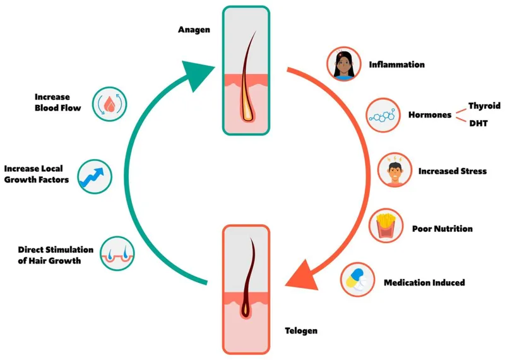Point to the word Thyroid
pyautogui.click(x=484, y=106)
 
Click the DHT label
pyautogui.click(x=477, y=124)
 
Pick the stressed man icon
pyautogui.click(x=395, y=171)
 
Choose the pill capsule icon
pyautogui.click(x=357, y=280)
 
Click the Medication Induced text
pyautogui.click(x=424, y=282)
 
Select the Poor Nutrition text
pyautogui.click(x=442, y=228)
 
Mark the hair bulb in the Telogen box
pyautogui.click(x=246, y=309)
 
